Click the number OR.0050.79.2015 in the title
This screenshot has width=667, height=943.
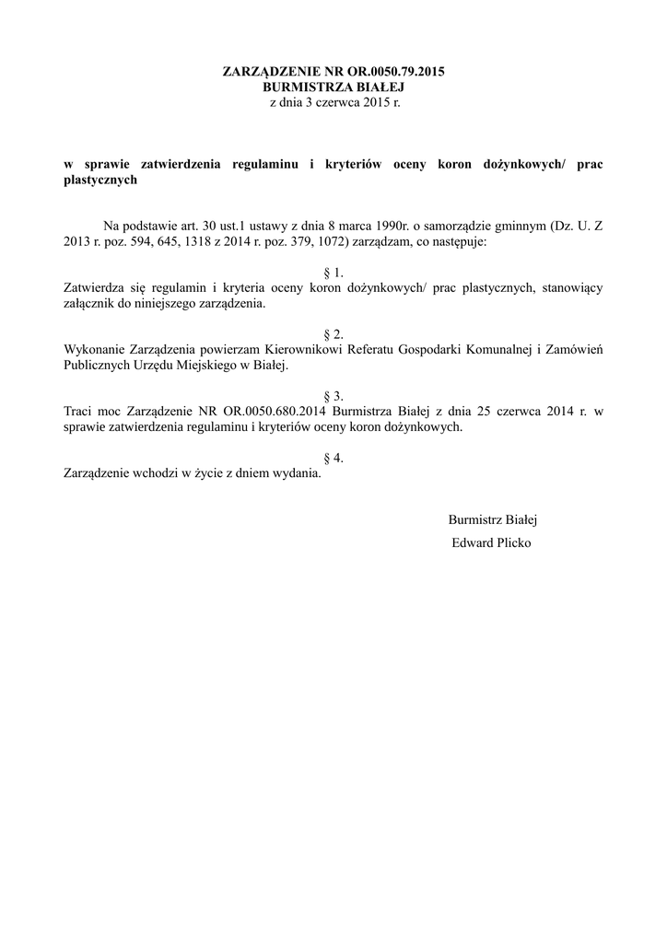coord(392,71)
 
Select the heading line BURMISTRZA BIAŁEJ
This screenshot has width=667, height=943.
coord(333,87)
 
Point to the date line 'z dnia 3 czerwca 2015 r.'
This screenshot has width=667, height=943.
coord(333,102)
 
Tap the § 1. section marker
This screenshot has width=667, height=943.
coord(333,273)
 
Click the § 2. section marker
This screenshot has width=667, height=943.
coord(333,334)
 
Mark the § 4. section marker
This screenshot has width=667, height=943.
coord(333,459)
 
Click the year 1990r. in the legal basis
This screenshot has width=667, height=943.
coord(378,226)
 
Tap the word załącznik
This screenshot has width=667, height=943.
coord(90,304)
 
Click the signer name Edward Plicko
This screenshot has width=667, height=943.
coord(491,542)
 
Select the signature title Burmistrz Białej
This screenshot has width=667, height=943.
coord(492,519)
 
